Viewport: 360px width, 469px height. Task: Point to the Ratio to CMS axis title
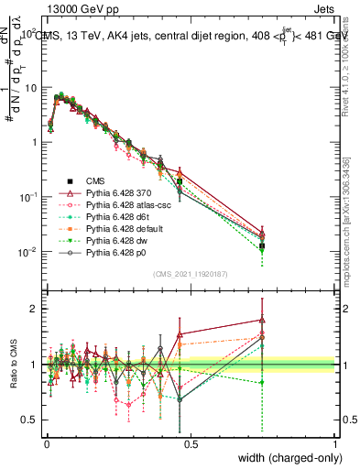pos(12,365)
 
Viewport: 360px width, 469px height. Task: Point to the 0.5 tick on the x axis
pos(190,442)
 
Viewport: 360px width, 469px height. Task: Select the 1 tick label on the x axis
pos(335,442)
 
